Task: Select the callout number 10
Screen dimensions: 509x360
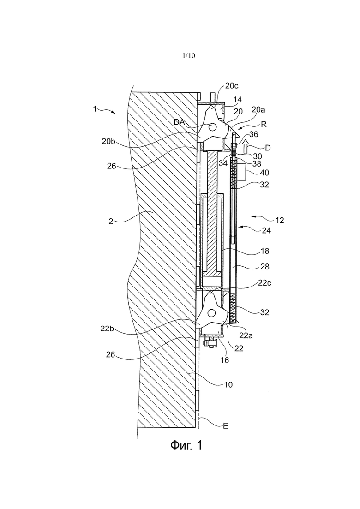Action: tap(228, 383)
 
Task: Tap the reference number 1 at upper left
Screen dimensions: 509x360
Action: tap(95, 109)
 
